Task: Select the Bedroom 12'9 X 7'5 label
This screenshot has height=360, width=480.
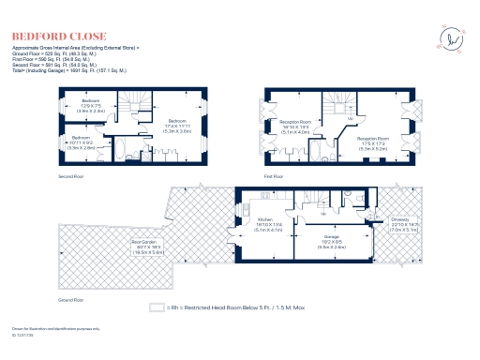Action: click(x=90, y=105)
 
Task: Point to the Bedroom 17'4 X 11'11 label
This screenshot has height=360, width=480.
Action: click(x=178, y=127)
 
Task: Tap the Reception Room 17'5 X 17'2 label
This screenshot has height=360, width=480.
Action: click(x=373, y=142)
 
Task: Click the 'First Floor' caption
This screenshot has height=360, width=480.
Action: click(x=276, y=175)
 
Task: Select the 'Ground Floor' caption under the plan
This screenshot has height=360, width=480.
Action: click(x=72, y=300)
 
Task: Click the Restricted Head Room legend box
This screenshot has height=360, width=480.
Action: click(x=157, y=306)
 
